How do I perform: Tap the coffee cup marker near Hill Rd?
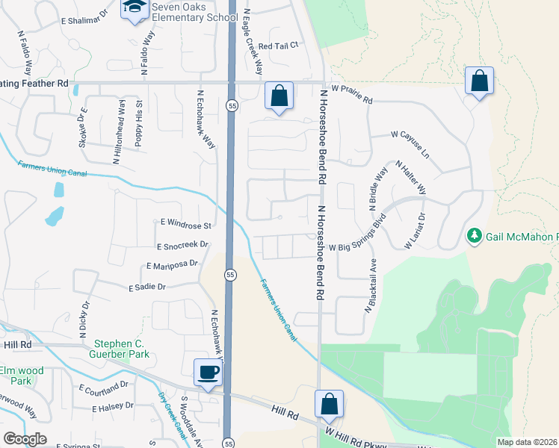click(208, 372)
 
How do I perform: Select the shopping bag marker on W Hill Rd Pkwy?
click(329, 404)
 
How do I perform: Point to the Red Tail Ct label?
click(278, 46)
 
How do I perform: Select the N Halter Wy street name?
click(410, 176)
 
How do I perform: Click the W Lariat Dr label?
click(414, 231)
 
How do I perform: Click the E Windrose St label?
click(187, 223)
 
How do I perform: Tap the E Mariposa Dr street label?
click(173, 264)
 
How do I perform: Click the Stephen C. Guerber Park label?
click(123, 349)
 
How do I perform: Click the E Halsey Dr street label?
click(113, 407)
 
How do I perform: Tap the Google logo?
click(25, 439)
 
